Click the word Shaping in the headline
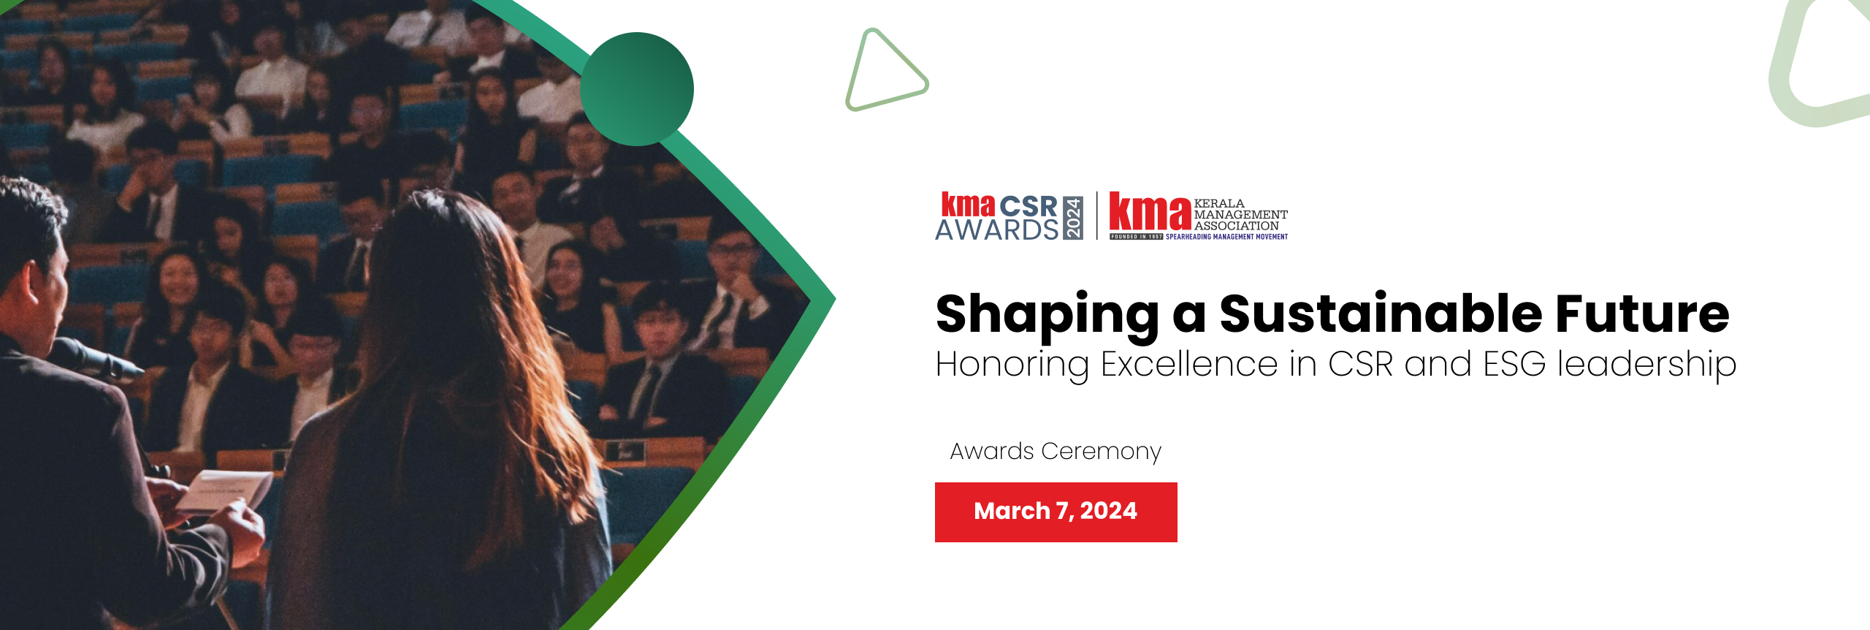tap(1047, 316)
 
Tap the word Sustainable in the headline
tap(1381, 314)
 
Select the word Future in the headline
tap(1642, 314)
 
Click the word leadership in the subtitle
tap(1646, 365)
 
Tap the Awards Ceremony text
tap(1056, 452)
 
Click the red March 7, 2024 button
tap(1056, 512)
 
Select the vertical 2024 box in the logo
tap(1072, 217)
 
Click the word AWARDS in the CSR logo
tap(997, 229)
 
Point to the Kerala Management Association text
tap(1240, 215)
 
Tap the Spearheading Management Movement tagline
tap(1226, 237)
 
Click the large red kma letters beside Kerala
tap(1150, 211)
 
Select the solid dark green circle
tap(637, 89)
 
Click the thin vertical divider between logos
tap(1096, 216)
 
